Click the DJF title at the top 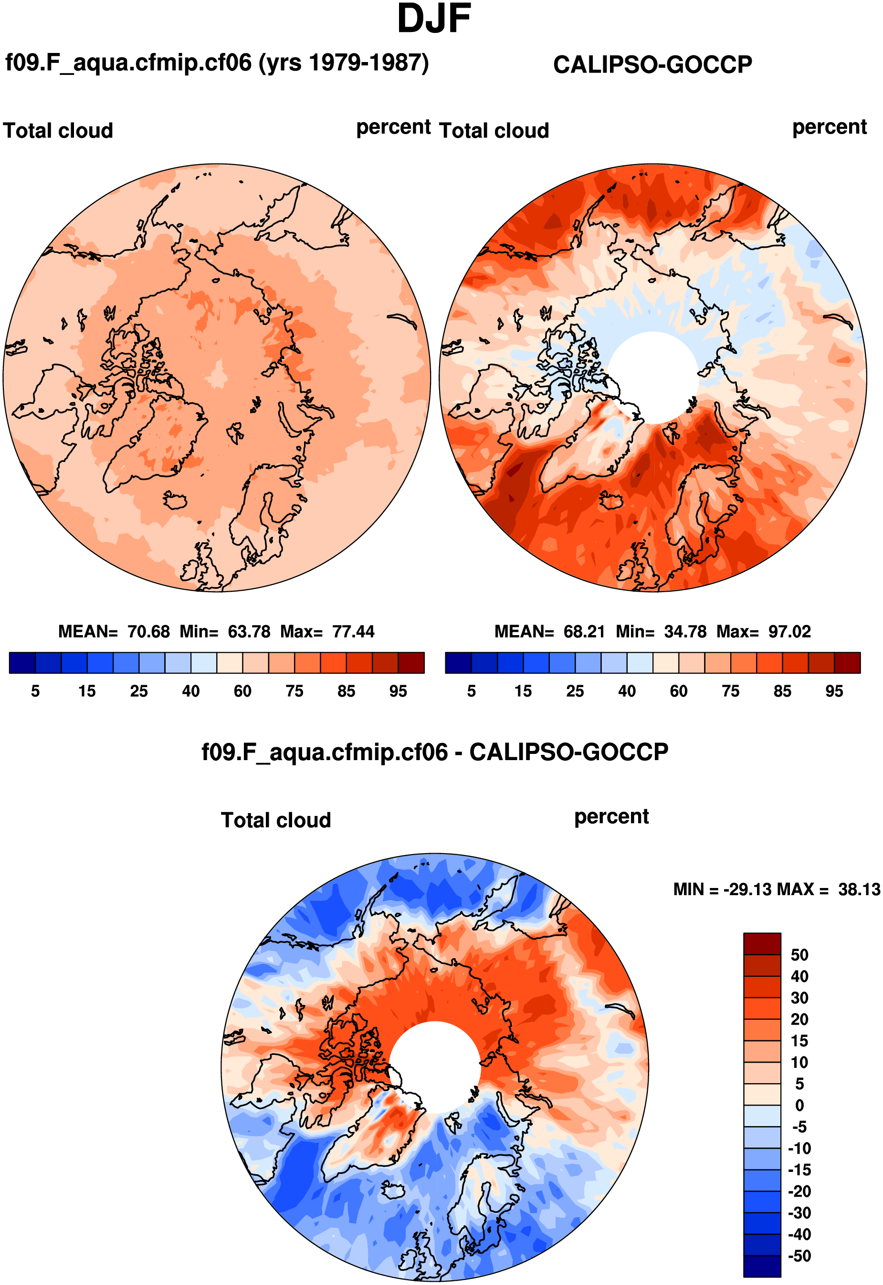434,19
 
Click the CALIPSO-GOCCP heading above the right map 652,65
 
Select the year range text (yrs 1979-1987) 344,63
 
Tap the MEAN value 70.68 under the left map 148,631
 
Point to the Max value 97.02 789,631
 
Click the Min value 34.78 685,631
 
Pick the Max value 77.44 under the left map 353,631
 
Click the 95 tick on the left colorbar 398,691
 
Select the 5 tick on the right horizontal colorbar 472,691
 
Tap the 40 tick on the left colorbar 191,691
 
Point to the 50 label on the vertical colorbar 799,955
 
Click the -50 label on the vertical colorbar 799,1256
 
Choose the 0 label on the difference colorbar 799,1105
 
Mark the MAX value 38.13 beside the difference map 859,889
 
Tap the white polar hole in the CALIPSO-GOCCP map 653,377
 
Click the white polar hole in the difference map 435,1066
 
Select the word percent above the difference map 611,816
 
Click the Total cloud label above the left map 58,131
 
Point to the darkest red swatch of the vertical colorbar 762,944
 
